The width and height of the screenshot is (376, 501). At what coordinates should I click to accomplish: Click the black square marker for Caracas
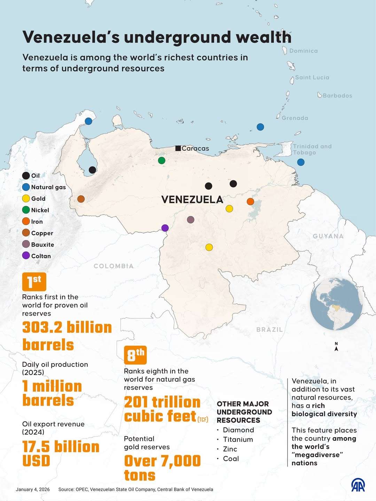coord(178,148)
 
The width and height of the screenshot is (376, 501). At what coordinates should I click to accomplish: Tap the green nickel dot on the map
coord(162,160)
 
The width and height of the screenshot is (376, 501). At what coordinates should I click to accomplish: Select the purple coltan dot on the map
coord(165,228)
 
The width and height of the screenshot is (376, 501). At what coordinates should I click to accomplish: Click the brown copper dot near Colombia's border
coord(81,199)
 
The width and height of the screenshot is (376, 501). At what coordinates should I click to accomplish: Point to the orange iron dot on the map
coord(250,201)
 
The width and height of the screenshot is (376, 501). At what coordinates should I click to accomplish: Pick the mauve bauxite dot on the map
coord(190,220)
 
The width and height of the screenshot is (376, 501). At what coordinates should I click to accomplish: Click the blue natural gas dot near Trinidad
coord(301,162)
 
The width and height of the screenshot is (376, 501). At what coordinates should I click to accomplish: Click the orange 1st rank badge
coord(34,281)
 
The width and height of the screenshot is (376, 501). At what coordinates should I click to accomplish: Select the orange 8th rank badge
coord(135,355)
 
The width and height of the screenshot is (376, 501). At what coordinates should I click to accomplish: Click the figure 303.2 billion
coord(67,328)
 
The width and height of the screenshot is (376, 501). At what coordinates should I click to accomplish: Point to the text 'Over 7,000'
coord(162,461)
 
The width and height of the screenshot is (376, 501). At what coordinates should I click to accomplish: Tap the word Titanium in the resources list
coord(238,439)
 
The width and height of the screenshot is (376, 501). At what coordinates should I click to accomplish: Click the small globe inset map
coord(336,304)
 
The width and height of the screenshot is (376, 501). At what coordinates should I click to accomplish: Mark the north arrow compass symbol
coord(336,347)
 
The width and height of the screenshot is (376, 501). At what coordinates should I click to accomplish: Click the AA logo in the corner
coord(358,485)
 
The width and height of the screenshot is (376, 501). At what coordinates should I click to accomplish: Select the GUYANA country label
coord(328,236)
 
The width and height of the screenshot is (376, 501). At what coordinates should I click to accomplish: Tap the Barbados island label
coord(337,96)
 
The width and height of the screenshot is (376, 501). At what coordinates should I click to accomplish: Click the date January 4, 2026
coord(33,490)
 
